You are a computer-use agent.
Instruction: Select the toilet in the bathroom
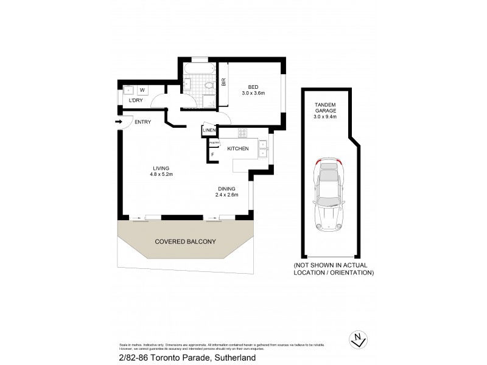tap(209, 85)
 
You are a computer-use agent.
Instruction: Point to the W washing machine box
tap(142, 89)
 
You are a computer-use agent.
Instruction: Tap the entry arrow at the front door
tap(118, 122)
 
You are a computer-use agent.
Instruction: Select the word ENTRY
tap(142, 122)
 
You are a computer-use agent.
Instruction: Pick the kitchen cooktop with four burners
tap(242, 135)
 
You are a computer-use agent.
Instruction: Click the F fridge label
tap(212, 155)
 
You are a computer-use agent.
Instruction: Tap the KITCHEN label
tap(237, 148)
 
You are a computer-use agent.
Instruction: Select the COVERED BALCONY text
tap(185, 242)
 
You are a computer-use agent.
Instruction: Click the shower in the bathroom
tap(208, 101)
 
